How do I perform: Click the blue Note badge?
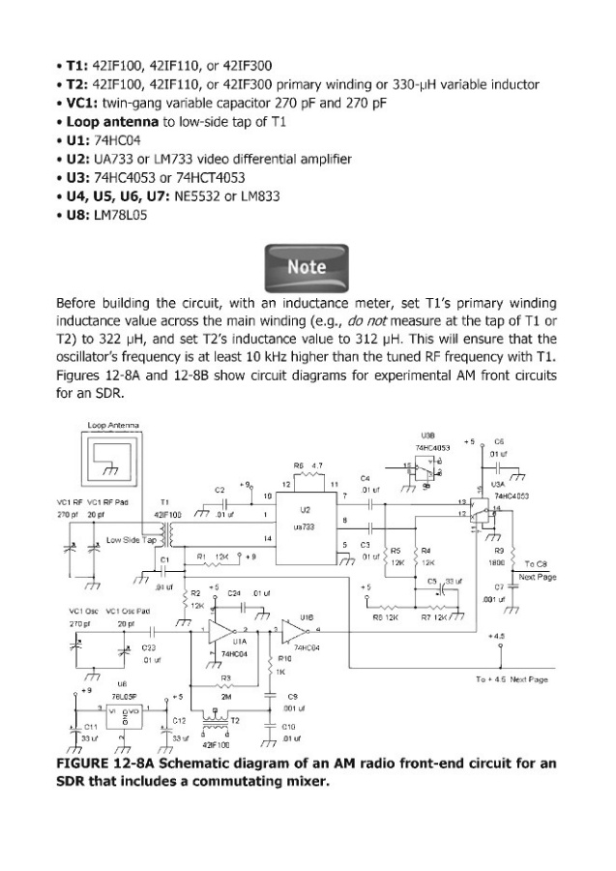click(x=307, y=264)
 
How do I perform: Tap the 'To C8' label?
click(x=536, y=563)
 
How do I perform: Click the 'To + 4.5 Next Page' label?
click(x=513, y=679)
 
